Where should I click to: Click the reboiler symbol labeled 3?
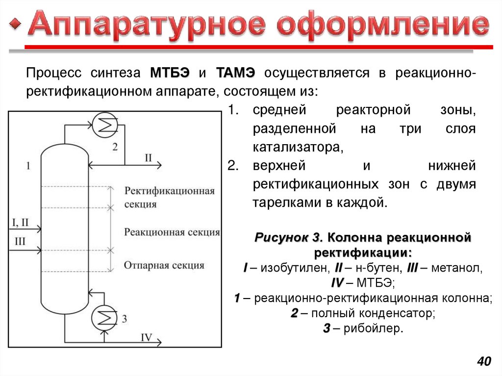click(104, 317)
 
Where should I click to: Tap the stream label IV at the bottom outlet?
click(147, 337)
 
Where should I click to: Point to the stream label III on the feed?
click(20, 241)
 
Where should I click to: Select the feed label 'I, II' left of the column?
click(20, 223)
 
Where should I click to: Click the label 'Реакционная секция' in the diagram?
click(172, 232)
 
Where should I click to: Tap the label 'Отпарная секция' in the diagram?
click(164, 265)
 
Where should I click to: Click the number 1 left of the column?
click(28, 166)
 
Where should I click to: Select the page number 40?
click(483, 362)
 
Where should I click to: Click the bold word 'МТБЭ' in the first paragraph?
click(170, 73)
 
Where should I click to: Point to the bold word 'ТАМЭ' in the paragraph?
click(235, 73)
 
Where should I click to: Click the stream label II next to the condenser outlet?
click(148, 157)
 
